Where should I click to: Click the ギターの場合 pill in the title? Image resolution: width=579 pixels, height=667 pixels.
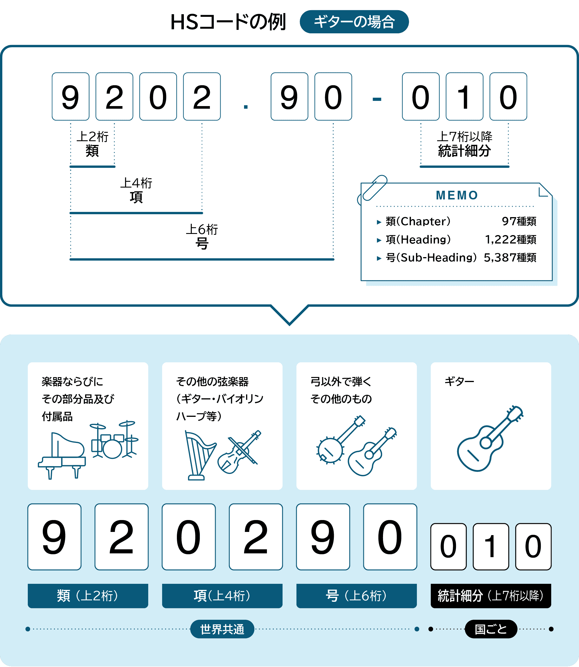coord(354,22)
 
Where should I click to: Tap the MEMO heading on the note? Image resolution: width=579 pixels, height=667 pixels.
coord(457,195)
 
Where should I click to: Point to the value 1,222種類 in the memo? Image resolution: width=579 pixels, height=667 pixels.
coord(510,240)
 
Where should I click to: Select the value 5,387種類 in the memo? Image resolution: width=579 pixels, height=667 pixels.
coord(510,258)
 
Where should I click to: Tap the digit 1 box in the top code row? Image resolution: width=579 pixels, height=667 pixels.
coord(464,97)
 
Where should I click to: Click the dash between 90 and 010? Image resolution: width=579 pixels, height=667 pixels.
coord(377,99)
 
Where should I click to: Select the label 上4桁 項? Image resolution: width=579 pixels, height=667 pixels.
coord(136,190)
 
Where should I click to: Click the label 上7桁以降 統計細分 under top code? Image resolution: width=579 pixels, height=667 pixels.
coord(464,144)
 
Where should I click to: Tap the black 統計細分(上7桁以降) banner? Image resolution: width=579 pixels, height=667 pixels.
coord(490,596)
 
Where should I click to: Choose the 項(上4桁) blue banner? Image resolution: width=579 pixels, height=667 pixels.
coord(222,596)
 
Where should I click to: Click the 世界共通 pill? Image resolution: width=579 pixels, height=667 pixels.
coord(222,629)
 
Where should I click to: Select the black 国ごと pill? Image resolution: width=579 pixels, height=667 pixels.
coord(490,629)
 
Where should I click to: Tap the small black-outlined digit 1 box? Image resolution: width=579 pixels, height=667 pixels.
coord(490,547)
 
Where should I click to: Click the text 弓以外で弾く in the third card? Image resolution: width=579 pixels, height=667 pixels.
coord(340,382)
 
